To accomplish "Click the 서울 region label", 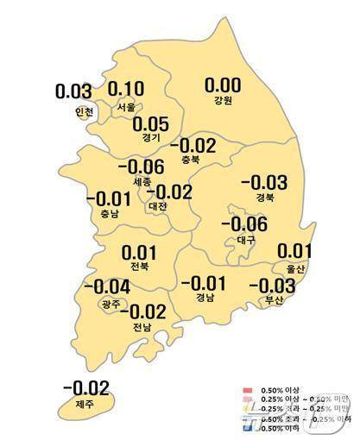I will point(126,109).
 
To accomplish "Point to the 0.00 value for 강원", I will point(223,85).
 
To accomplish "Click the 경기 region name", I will point(152,137).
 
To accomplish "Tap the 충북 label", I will point(192,159).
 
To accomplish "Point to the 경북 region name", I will point(263,198).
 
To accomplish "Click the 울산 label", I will point(294,269).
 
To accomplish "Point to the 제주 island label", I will point(84,404).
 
